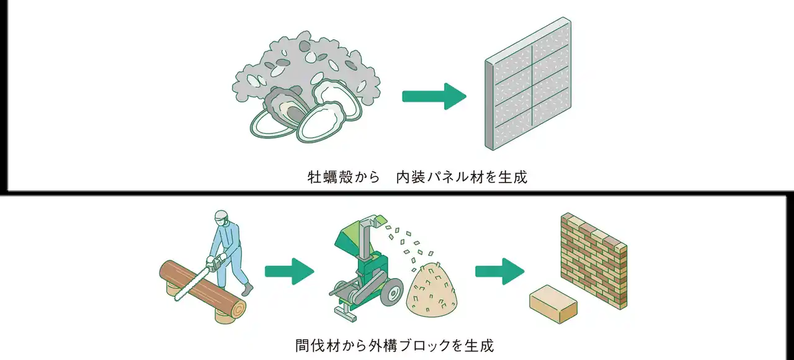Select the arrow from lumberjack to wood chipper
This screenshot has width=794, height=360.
point(289,271)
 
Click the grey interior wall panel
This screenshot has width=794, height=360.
point(529,84)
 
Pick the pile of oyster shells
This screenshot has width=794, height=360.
point(304,84)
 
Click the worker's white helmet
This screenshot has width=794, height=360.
point(221,217)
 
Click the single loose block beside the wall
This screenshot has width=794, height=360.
point(553,304)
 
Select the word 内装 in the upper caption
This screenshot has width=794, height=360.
point(410,178)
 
